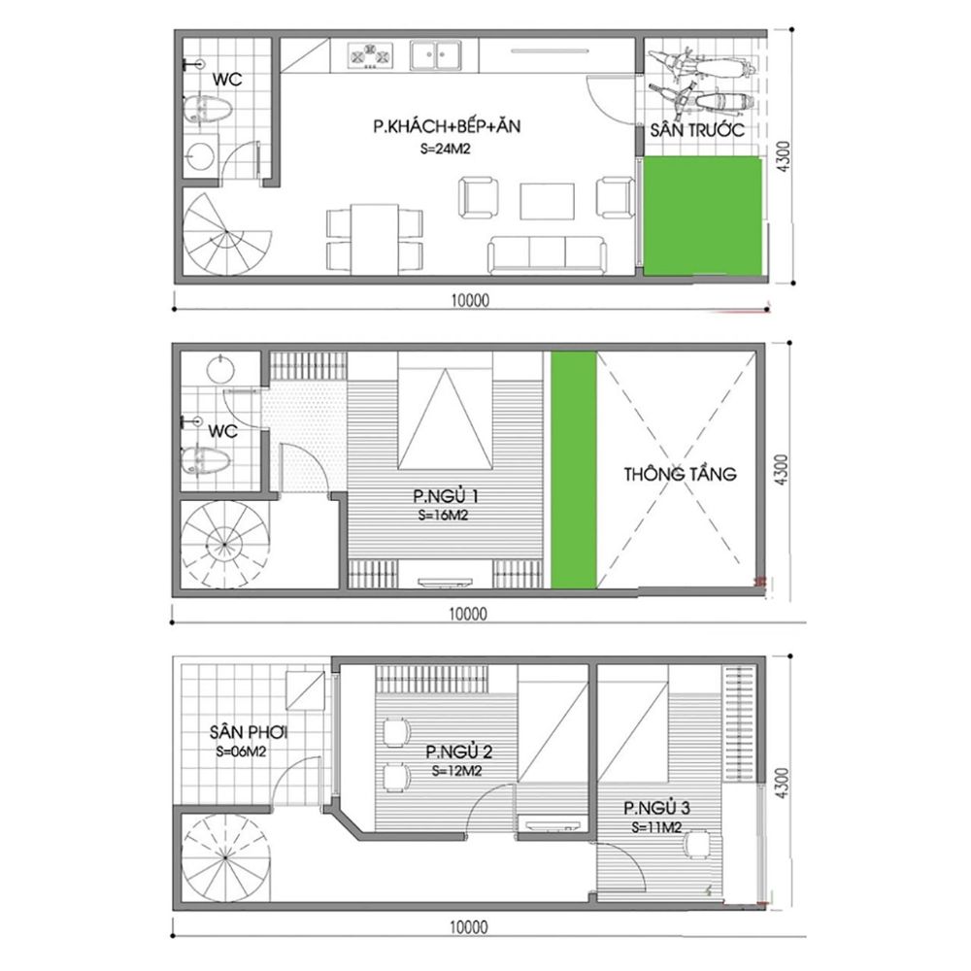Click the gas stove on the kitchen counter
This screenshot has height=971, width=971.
pos(370,55)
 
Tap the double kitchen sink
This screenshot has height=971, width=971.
pos(436,54)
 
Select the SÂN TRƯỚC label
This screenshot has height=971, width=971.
pos(696,131)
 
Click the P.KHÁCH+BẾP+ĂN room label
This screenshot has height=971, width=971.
pos(447,127)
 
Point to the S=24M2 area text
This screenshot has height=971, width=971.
pos(446,148)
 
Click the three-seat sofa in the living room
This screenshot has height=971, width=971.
pos(547,254)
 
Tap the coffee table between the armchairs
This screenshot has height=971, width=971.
pos(547,201)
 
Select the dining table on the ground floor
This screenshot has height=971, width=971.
pos(375,239)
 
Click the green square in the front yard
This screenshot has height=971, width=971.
pos(703,216)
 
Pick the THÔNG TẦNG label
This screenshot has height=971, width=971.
pos(680,475)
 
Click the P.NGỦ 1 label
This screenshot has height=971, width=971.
pos(446,496)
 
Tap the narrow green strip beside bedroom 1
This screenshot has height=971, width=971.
pos(574,470)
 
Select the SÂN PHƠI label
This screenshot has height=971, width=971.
pos(249,732)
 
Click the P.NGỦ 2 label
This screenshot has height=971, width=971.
pos(459,753)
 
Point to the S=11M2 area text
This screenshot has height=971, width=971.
pos(657,827)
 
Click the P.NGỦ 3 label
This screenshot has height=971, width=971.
pos(656,808)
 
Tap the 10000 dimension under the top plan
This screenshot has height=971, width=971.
pos(470,301)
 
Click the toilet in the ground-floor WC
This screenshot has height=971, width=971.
pos(208,110)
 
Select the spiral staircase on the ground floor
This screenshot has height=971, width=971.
pos(226,233)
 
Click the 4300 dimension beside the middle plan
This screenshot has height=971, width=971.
pos(782,470)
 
